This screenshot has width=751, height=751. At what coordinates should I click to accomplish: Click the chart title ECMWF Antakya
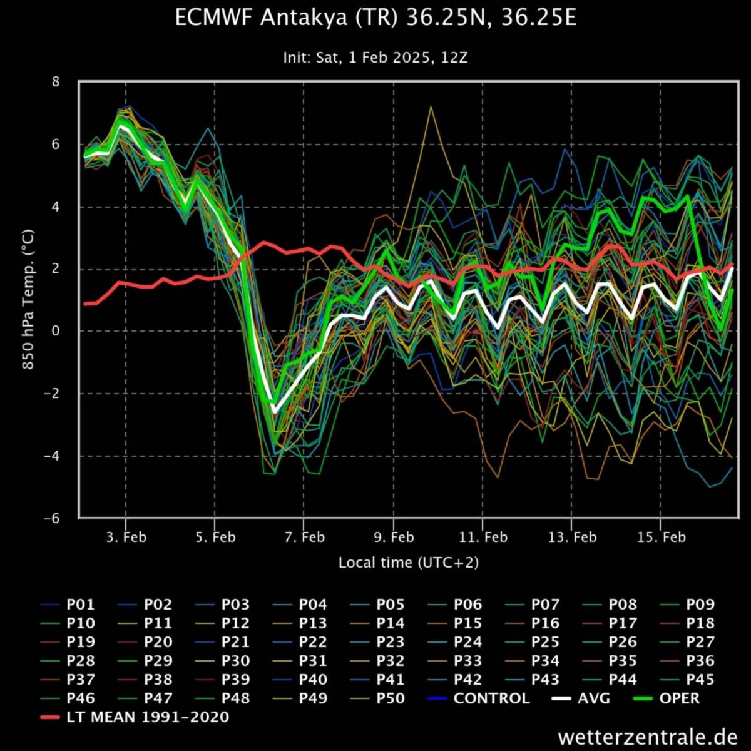click(x=375, y=18)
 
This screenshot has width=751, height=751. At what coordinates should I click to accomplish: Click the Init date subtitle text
click(x=375, y=58)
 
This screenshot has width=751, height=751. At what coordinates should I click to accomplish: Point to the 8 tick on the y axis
click(x=56, y=82)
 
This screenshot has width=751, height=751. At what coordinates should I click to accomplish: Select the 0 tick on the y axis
click(x=56, y=331)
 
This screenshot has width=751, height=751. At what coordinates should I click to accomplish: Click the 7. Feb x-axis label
click(x=305, y=537)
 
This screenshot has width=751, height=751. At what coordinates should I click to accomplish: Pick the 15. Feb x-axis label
click(x=662, y=537)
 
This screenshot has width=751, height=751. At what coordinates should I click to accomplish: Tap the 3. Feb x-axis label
click(x=126, y=537)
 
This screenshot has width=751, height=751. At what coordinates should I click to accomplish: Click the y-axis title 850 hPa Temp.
click(x=29, y=299)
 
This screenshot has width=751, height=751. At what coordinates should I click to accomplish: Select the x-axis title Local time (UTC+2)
click(x=408, y=563)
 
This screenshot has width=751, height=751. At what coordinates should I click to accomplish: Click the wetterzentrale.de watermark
click(x=648, y=737)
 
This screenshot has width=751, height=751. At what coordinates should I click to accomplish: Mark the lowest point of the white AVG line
click(x=273, y=411)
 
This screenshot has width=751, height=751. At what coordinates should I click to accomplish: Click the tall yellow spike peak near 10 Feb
click(x=431, y=107)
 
